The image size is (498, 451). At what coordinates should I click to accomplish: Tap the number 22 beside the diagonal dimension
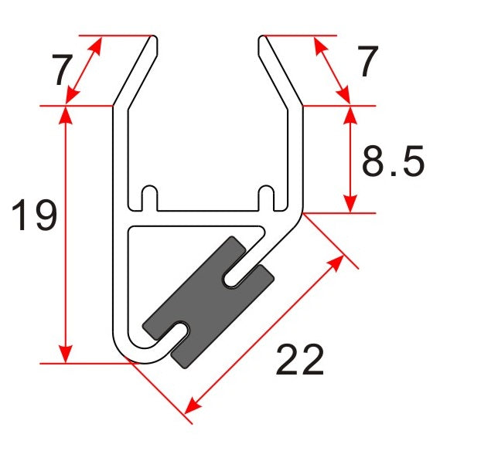tap(300, 360)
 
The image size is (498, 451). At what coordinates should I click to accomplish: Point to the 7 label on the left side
tap(63, 72)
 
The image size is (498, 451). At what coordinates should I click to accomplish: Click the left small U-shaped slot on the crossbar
tap(150, 196)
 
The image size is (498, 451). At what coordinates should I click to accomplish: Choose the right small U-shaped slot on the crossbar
tap(266, 196)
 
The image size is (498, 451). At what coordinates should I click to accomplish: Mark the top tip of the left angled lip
tap(155, 38)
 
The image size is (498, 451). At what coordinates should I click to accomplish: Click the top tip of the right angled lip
tap(263, 38)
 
